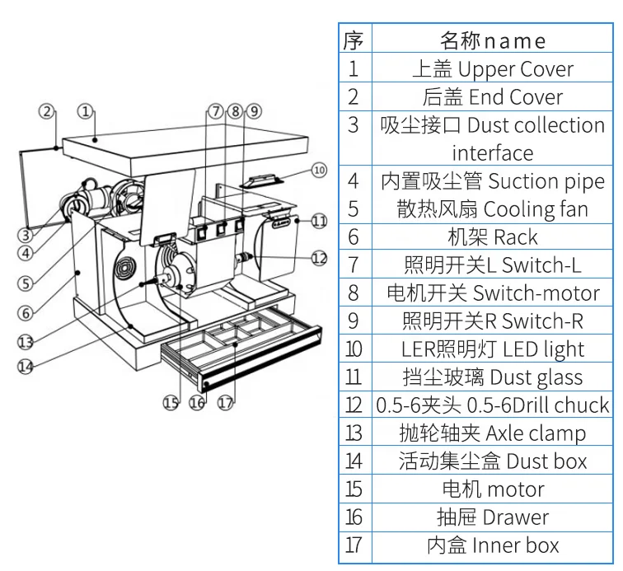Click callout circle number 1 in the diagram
(86, 110)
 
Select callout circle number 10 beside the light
(319, 171)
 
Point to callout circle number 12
(319, 257)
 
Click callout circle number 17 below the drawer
(225, 403)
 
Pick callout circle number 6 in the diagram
(26, 313)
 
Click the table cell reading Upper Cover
(492, 69)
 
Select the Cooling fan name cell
(492, 209)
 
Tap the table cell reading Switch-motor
(492, 293)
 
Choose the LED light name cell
(492, 349)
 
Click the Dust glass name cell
(492, 377)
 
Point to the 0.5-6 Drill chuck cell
(492, 405)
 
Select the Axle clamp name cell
(492, 433)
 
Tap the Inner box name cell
(492, 545)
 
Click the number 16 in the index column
(354, 517)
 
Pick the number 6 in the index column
(354, 237)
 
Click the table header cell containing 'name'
(492, 40)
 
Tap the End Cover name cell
(492, 97)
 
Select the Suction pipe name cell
(492, 181)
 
